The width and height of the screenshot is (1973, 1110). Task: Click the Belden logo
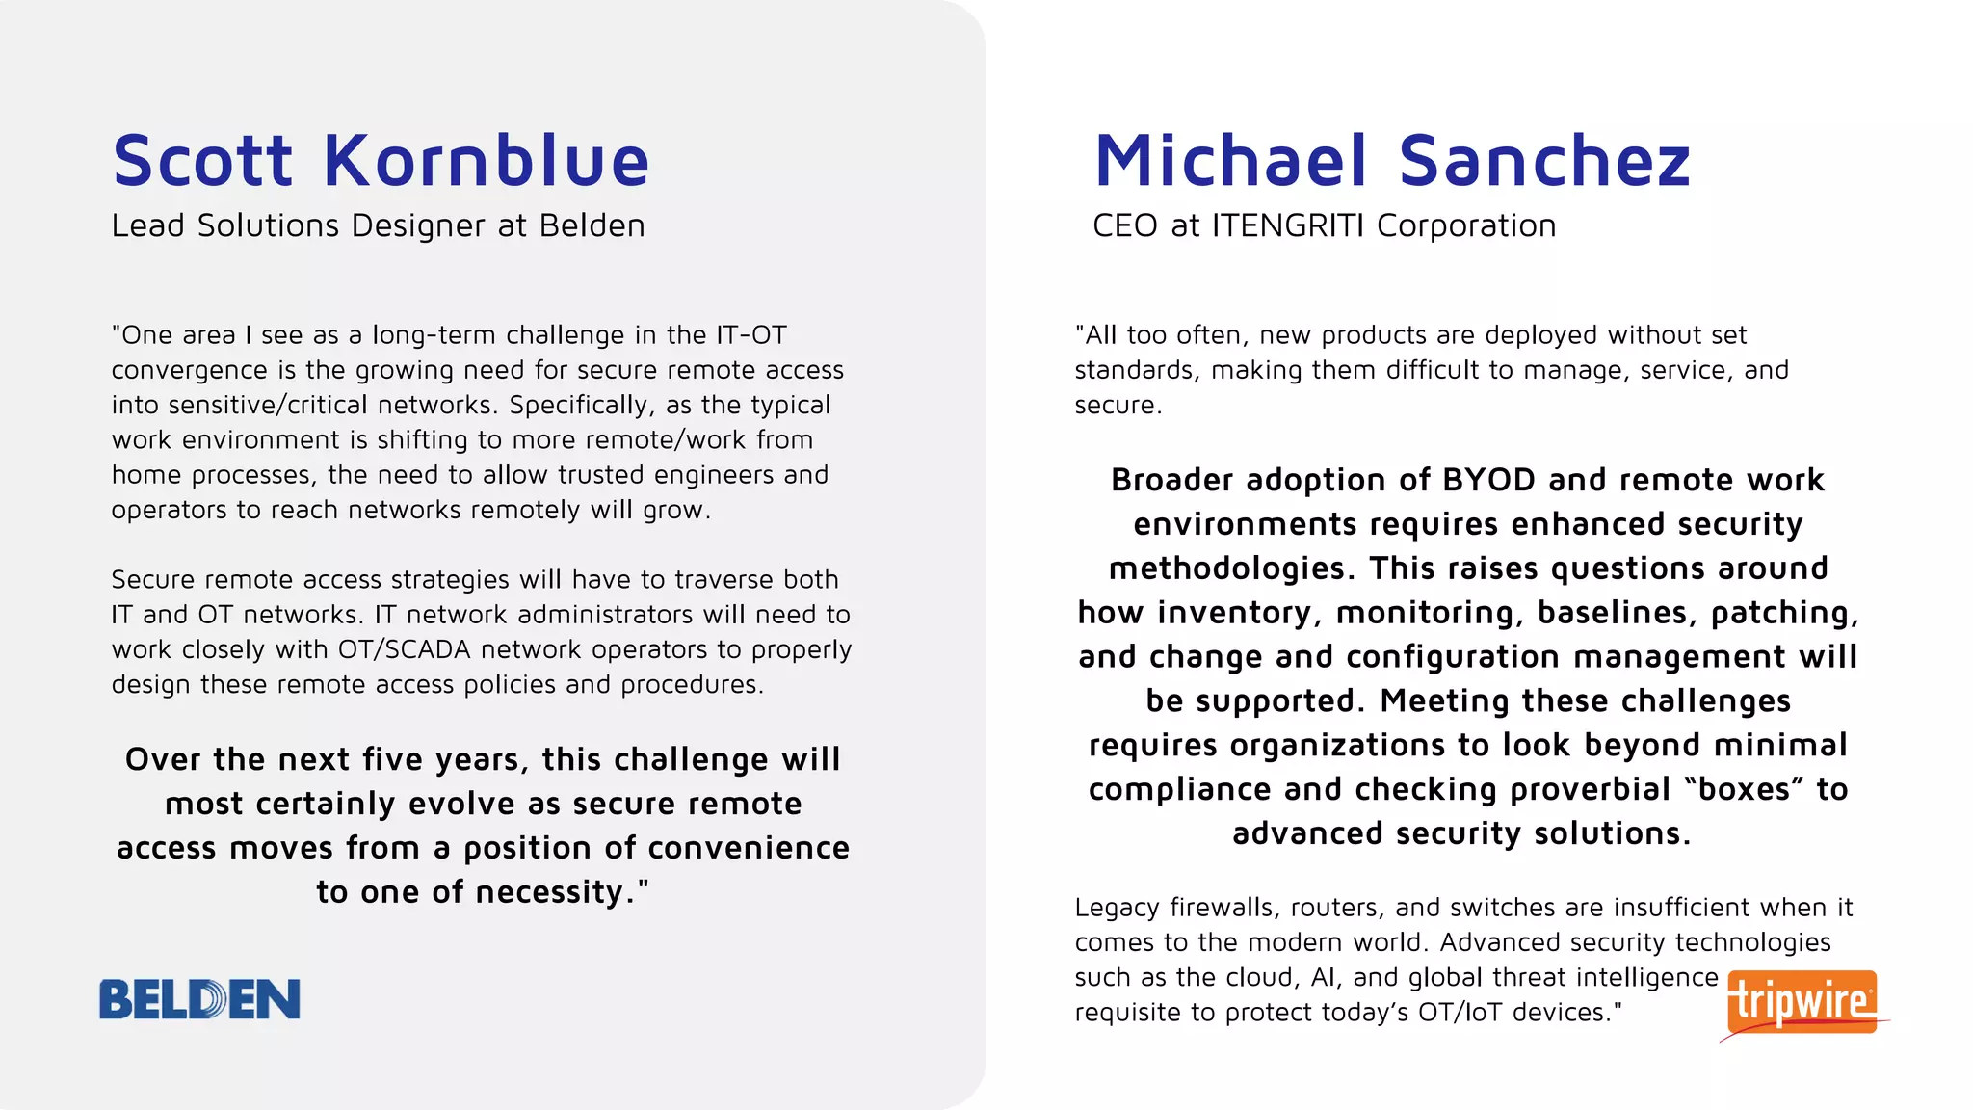[199, 999]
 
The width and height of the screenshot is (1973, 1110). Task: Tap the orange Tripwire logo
[1802, 1002]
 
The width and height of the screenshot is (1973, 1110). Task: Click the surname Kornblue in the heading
[487, 160]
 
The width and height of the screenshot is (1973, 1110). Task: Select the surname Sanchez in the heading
[1544, 160]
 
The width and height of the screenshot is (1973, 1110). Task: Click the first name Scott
[202, 160]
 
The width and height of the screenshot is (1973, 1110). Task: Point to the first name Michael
[1230, 160]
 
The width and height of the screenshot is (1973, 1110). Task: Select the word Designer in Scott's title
[417, 225]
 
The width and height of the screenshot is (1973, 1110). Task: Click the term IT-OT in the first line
[750, 335]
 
